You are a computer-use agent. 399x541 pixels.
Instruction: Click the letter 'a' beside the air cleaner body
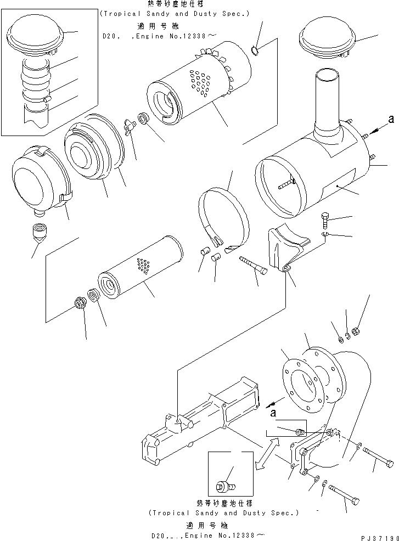(x=391, y=119)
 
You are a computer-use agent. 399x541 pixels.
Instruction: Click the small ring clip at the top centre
(x=256, y=52)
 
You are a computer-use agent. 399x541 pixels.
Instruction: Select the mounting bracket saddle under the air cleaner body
(x=285, y=247)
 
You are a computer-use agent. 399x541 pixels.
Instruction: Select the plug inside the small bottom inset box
(x=223, y=486)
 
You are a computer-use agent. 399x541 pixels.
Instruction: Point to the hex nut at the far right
(x=355, y=331)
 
